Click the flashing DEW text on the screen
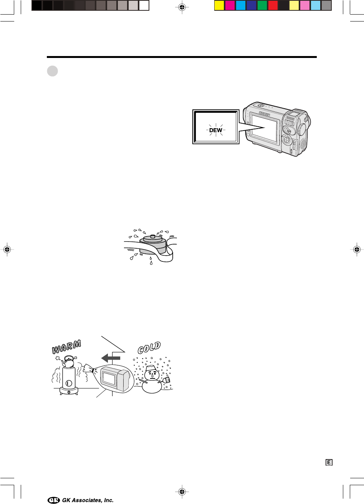point(216,130)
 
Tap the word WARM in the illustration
point(66,347)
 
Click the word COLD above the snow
point(149,348)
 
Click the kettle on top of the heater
point(68,362)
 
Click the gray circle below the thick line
point(53,71)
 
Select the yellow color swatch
point(219,6)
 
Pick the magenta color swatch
point(230,6)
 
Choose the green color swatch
point(262,6)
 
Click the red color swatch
point(273,6)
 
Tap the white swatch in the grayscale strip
point(144,6)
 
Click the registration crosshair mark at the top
point(182,7)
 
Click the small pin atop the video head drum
point(152,236)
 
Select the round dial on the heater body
point(69,383)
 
